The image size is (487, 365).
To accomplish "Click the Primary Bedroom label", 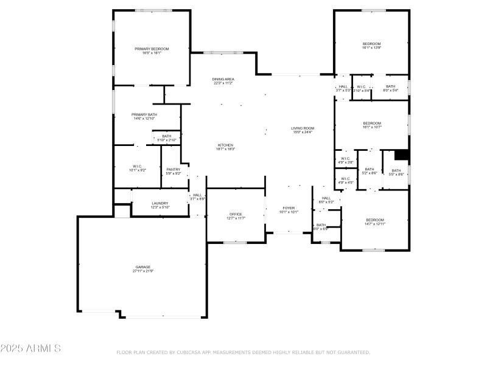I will (152, 49).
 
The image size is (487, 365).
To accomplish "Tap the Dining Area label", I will (223, 79).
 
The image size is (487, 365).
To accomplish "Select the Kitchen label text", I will (225, 145).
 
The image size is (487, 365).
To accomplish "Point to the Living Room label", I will (303, 128).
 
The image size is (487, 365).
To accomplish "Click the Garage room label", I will (143, 267).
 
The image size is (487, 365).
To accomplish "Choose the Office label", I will (236, 214).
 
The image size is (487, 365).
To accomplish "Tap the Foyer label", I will (289, 208).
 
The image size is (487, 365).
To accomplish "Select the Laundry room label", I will (160, 203).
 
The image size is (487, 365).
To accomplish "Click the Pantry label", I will (173, 169).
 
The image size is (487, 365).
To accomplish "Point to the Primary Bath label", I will (144, 114).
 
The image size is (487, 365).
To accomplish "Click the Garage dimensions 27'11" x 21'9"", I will (143, 271).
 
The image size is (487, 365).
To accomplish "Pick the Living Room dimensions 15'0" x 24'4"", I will (303, 132).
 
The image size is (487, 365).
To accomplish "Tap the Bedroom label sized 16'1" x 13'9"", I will (371, 44).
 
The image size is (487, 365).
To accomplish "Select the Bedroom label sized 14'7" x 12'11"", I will (375, 220).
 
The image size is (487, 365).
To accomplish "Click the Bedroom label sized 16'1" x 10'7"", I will (371, 123).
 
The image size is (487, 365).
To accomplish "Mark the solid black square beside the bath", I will (401, 155).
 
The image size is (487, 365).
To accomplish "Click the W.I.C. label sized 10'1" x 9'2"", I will (138, 166).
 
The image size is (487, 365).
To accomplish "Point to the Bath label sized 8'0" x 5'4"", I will (390, 86).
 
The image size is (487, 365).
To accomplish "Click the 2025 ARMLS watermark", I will (30, 349).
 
